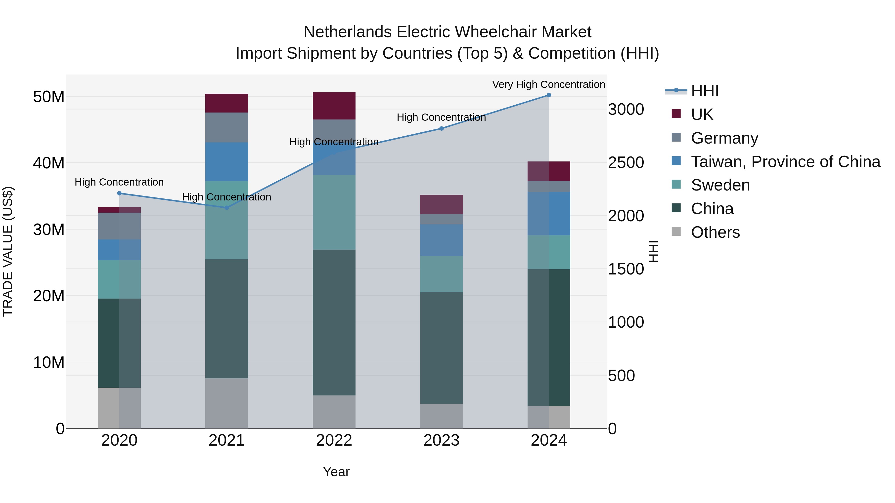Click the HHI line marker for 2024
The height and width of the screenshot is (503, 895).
coord(549,95)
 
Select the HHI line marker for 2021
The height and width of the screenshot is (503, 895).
coord(226,208)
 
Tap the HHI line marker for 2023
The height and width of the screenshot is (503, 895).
coord(441,128)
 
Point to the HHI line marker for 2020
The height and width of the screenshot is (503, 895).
coord(119,193)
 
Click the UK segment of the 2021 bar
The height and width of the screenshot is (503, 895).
coord(226,103)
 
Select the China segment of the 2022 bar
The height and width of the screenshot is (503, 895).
coord(334,322)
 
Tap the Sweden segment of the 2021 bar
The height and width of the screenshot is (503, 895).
coord(226,220)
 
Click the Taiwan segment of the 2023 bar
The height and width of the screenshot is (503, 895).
coord(441,240)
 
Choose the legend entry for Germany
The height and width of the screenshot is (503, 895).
coord(724,138)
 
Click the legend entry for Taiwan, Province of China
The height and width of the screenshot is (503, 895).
coord(785,162)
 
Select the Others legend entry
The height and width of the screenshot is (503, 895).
coord(715,232)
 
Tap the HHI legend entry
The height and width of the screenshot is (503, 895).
coord(704,91)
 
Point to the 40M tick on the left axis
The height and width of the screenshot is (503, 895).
coord(49,163)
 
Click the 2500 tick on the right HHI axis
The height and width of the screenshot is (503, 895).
coord(626,162)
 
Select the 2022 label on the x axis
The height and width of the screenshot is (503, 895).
coord(334,440)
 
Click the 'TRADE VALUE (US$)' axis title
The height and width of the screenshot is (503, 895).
coord(8,251)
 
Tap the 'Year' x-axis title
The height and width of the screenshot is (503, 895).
coord(336,472)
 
